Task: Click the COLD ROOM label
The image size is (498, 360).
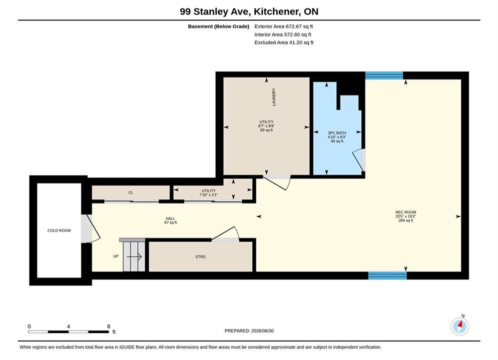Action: (59, 230)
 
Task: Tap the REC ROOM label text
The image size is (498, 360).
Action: (405, 212)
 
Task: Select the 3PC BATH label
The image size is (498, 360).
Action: (337, 133)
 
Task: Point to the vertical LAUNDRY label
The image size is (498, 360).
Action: (274, 96)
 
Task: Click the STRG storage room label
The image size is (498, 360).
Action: (200, 256)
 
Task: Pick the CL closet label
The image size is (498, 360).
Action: (131, 192)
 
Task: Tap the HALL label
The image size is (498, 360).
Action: (170, 218)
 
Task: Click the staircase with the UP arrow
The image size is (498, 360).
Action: (133, 256)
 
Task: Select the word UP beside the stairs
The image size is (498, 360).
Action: (116, 256)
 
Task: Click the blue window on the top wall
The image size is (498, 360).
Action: (384, 75)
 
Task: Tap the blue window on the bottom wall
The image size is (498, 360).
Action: (387, 275)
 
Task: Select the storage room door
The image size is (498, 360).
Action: (225, 234)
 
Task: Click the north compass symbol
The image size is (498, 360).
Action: (459, 325)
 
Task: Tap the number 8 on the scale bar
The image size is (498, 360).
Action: (109, 326)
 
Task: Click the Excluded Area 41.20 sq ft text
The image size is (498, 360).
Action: (284, 42)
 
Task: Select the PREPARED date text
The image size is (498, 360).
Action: (249, 331)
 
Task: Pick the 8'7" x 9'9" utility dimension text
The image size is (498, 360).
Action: (266, 126)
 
